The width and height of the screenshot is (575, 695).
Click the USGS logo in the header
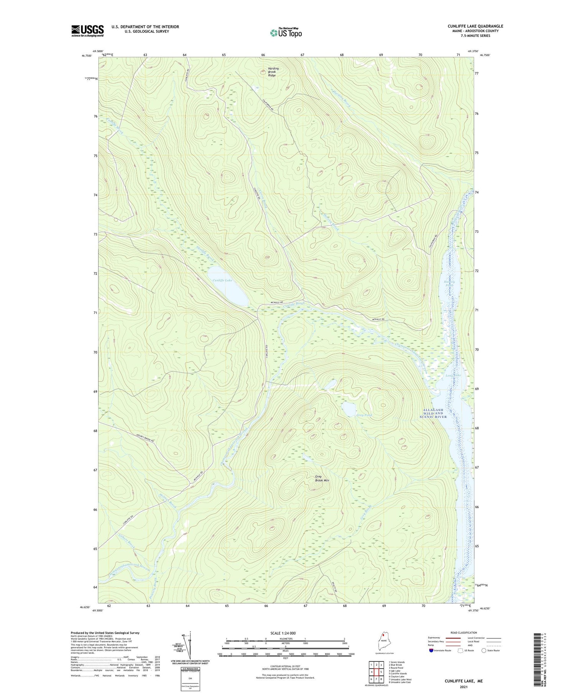[87, 31]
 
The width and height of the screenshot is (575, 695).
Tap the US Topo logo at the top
[286, 33]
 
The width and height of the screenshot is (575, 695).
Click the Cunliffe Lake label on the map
[222, 281]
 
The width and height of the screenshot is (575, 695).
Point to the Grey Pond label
[364, 415]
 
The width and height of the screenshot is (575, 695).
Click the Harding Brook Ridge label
[273, 72]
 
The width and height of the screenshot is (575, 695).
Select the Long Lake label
[453, 375]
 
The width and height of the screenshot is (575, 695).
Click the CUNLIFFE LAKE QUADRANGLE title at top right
[475, 26]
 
